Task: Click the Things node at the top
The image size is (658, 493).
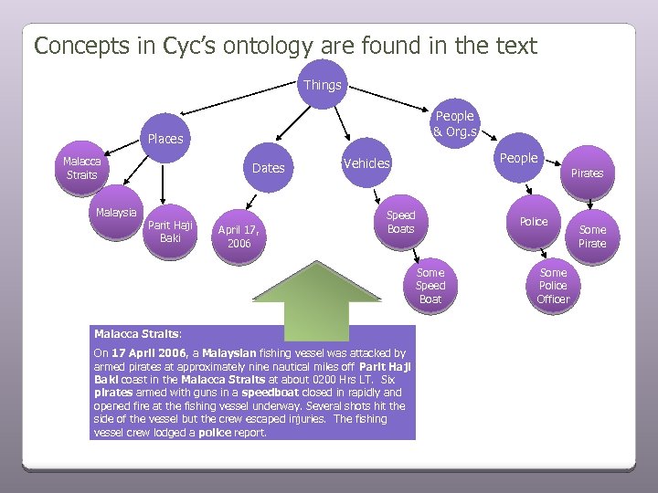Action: point(323,85)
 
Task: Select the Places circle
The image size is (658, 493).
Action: point(164,139)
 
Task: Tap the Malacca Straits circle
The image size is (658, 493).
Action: point(81,168)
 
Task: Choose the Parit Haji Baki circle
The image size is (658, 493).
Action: point(170,232)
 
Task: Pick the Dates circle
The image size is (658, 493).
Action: point(268,167)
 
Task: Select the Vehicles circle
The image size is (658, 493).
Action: point(366,163)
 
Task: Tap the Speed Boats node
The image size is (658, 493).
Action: point(400,222)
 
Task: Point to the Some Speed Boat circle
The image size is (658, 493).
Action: point(430,286)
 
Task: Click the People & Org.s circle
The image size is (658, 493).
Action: point(454,123)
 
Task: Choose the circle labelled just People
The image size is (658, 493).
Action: point(518,158)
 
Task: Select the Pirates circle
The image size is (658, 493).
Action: point(588,172)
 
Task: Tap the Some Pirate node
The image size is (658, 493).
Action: point(592,236)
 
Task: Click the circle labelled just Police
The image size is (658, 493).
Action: point(534,222)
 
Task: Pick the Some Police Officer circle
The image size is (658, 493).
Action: point(553,286)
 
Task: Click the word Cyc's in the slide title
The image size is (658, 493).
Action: point(198,46)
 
